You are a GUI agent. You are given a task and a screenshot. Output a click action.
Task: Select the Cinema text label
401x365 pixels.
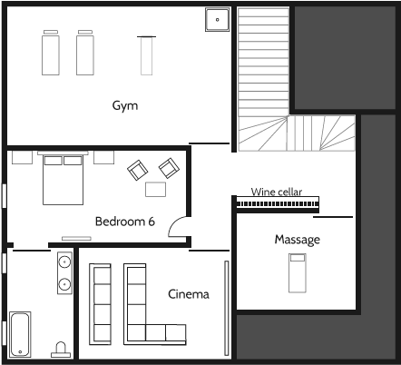coord(189,294)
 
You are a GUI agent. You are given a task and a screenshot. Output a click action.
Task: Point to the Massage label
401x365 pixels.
coord(298,240)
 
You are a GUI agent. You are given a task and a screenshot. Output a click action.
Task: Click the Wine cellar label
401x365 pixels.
coord(277,192)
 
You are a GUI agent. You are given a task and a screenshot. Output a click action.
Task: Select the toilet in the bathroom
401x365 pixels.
coord(62,350)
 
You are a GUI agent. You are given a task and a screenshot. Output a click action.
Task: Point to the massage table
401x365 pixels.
coord(296,272)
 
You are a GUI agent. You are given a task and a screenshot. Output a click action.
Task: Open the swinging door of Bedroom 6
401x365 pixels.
coord(179,229)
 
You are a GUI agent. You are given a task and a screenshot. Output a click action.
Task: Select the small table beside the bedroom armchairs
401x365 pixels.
coord(156,189)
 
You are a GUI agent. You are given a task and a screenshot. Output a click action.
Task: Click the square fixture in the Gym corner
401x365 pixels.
coord(217,19)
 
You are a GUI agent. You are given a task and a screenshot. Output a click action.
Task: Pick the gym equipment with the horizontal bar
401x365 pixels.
coord(146,54)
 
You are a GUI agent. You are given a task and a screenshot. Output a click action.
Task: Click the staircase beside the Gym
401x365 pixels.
coord(263,82)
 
